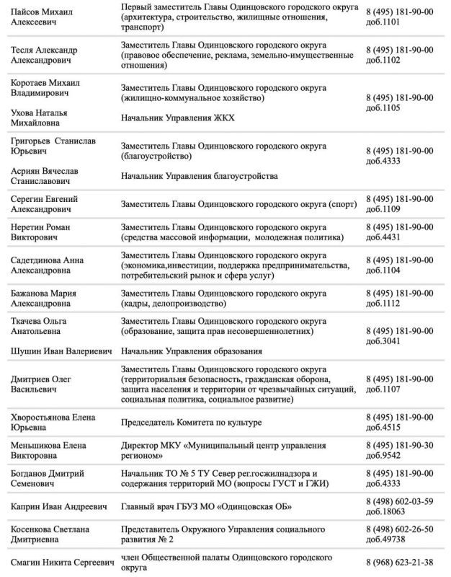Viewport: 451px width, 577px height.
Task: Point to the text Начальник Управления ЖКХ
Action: coord(178,118)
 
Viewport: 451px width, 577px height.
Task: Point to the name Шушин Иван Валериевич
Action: coord(61,351)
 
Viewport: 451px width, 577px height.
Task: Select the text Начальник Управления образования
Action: coord(191,351)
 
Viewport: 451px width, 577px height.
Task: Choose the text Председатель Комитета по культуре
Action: coord(192,422)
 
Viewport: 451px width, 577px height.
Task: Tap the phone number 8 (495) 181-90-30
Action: coord(400,446)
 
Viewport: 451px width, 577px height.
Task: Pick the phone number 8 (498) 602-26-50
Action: coord(400,529)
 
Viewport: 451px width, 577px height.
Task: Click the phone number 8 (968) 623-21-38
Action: coord(400,562)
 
